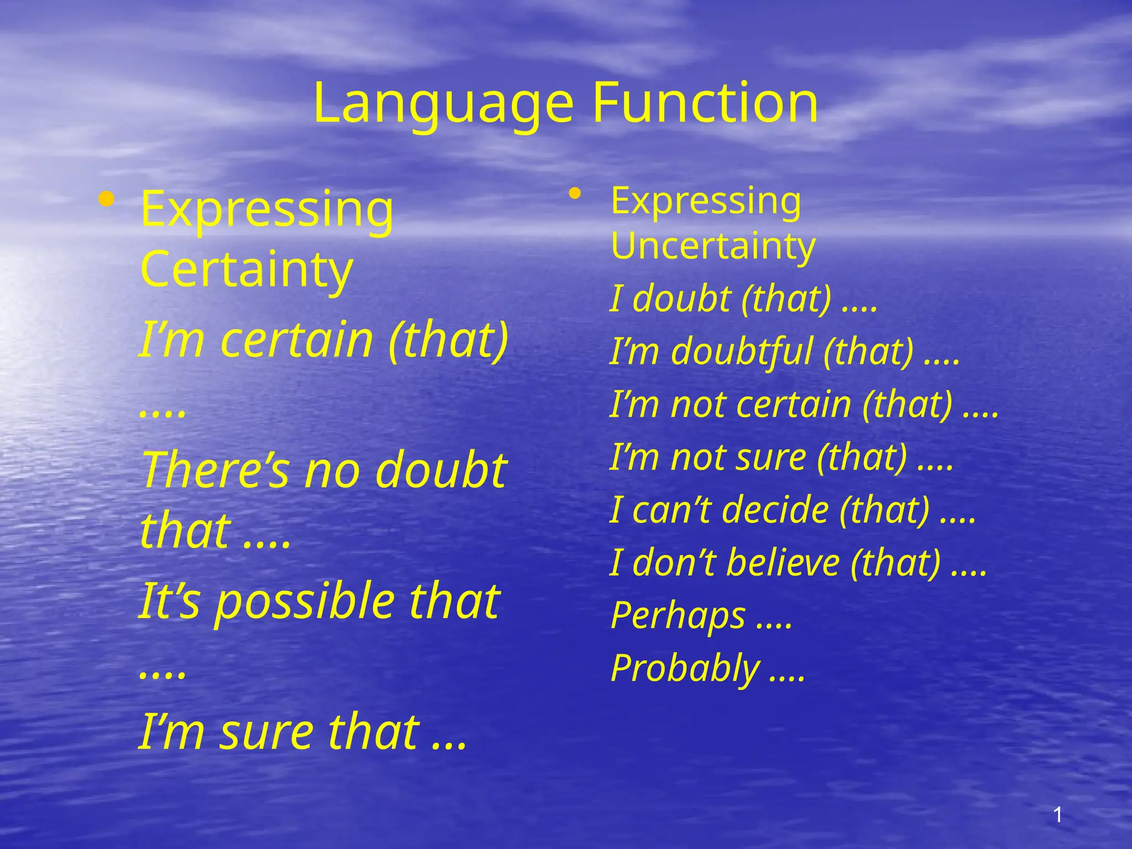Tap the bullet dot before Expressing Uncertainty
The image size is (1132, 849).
pyautogui.click(x=575, y=193)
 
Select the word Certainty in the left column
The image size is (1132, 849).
pyautogui.click(x=247, y=270)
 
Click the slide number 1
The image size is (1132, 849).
pyautogui.click(x=1058, y=815)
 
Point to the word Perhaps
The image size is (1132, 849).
pyautogui.click(x=678, y=615)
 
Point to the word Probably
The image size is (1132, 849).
pyautogui.click(x=685, y=668)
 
